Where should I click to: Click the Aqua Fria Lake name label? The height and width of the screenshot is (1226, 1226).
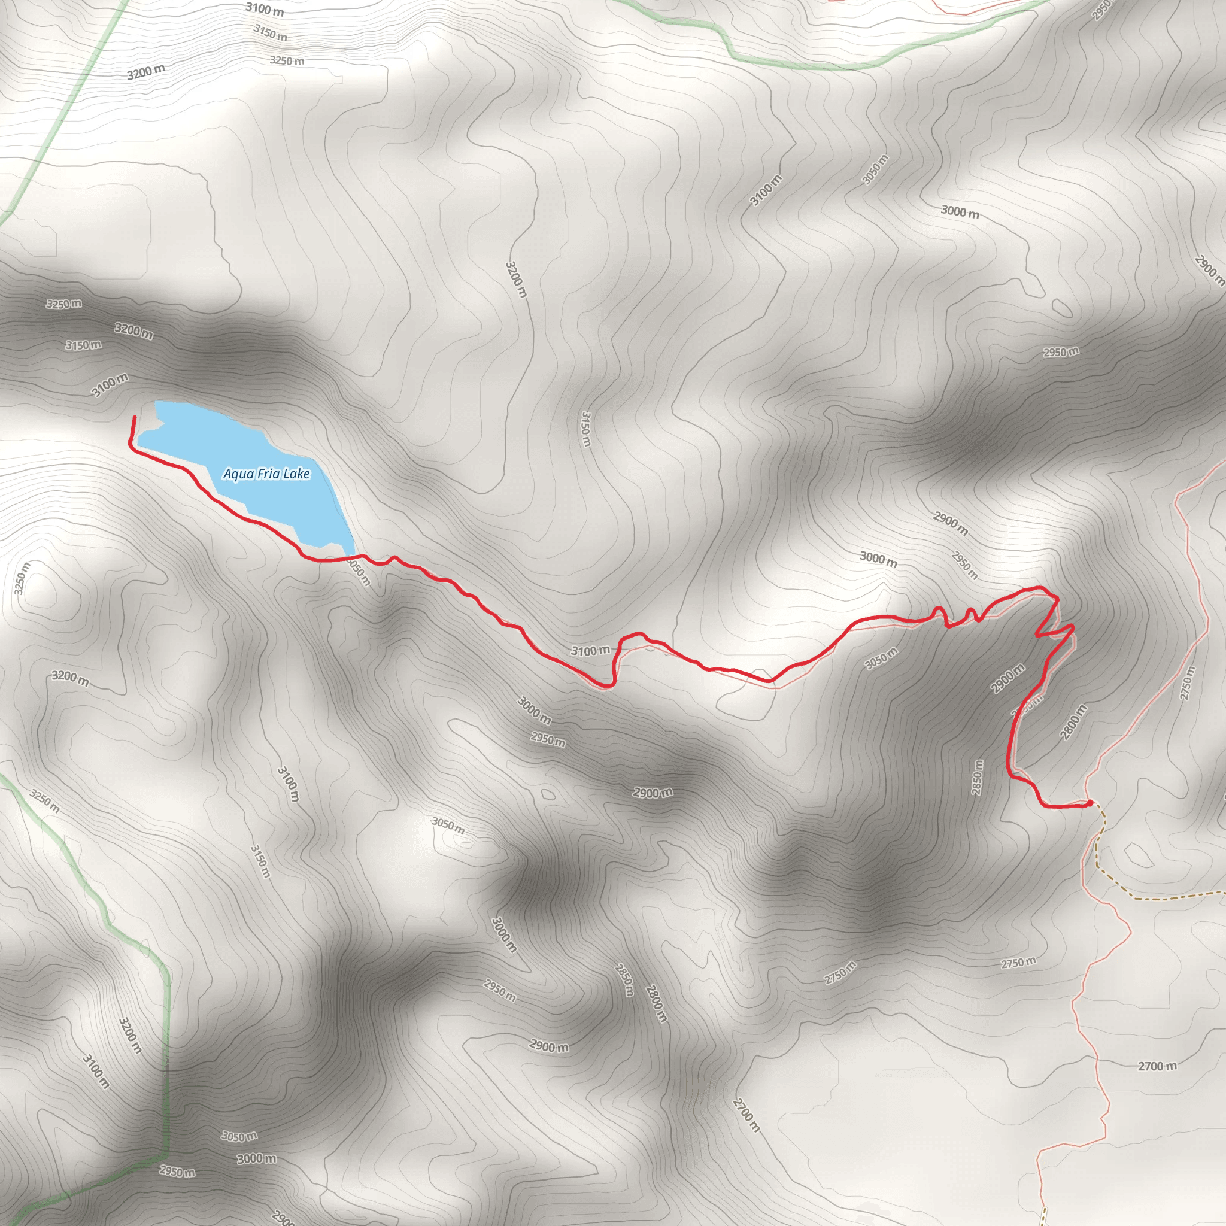tap(266, 474)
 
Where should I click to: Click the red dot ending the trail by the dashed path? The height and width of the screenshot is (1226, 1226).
tap(1090, 803)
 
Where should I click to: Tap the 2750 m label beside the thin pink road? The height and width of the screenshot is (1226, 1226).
tap(1188, 684)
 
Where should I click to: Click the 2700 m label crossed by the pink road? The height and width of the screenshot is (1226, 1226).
tap(1157, 1066)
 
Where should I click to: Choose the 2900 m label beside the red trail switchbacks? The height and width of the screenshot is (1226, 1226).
tap(1007, 678)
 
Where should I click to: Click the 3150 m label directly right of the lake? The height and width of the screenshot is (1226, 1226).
tap(585, 429)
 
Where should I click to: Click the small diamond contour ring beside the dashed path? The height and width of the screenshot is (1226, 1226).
tap(1139, 856)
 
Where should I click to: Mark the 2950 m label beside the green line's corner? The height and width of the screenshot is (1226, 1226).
tap(177, 1172)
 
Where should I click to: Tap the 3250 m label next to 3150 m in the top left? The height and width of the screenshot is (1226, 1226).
tap(287, 61)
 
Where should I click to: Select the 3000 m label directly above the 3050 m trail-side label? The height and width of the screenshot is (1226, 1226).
tap(878, 559)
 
